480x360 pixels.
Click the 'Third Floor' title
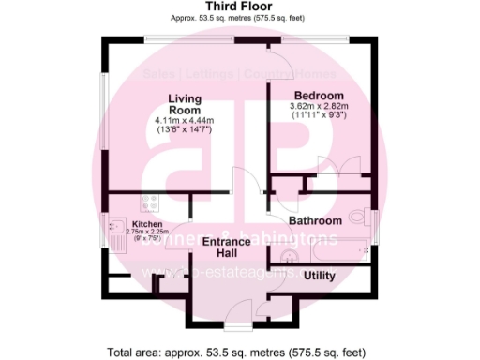pyautogui.click(x=238, y=7)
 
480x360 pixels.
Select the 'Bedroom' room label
pyautogui.click(x=319, y=97)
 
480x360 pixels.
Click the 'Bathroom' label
pyautogui.click(x=314, y=221)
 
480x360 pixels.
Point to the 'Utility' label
pyautogui.click(x=319, y=276)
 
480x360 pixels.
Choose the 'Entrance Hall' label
pyautogui.click(x=225, y=247)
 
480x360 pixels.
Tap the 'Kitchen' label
pyautogui.click(x=147, y=225)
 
